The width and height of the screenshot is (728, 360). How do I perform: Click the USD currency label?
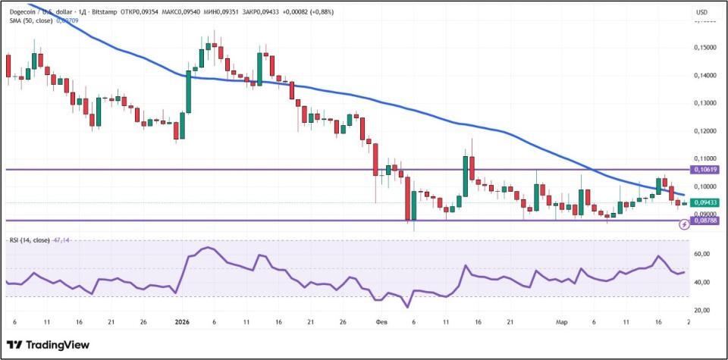[701, 12]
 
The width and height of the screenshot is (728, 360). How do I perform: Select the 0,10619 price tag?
[704, 170]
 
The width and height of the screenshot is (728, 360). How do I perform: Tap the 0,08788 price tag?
[704, 221]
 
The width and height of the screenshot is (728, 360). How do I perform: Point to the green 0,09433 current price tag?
[704, 202]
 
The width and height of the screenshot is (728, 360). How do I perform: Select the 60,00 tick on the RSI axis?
[701, 255]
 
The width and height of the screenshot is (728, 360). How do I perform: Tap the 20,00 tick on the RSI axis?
[701, 310]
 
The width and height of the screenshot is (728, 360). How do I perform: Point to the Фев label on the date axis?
[381, 322]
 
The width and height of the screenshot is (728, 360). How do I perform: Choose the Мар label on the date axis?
[561, 322]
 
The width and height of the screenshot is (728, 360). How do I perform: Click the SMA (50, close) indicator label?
[31, 21]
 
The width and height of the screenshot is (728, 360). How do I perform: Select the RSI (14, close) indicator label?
[30, 240]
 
